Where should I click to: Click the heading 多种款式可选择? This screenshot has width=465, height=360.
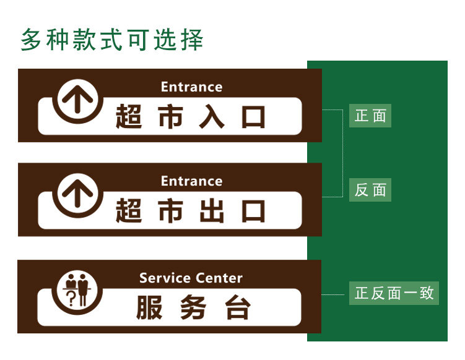[112, 40]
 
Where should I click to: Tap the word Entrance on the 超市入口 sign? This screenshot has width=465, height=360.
[191, 87]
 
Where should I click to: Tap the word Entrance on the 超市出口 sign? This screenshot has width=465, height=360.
[191, 181]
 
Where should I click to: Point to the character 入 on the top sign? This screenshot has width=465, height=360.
[211, 117]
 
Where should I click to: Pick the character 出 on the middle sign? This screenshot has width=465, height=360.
[211, 211]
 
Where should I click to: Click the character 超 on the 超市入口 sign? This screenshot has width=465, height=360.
[129, 117]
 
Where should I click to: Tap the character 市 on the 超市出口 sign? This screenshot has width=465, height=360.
[170, 211]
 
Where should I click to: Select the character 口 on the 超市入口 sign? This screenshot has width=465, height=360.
[253, 117]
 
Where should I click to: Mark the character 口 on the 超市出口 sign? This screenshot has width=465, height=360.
[253, 211]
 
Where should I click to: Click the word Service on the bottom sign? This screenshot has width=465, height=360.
[164, 278]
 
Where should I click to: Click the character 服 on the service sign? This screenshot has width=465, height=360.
[149, 307]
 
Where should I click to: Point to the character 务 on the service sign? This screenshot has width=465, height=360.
[193, 307]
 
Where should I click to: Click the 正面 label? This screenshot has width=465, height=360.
[370, 116]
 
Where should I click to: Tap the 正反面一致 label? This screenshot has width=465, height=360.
[394, 293]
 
